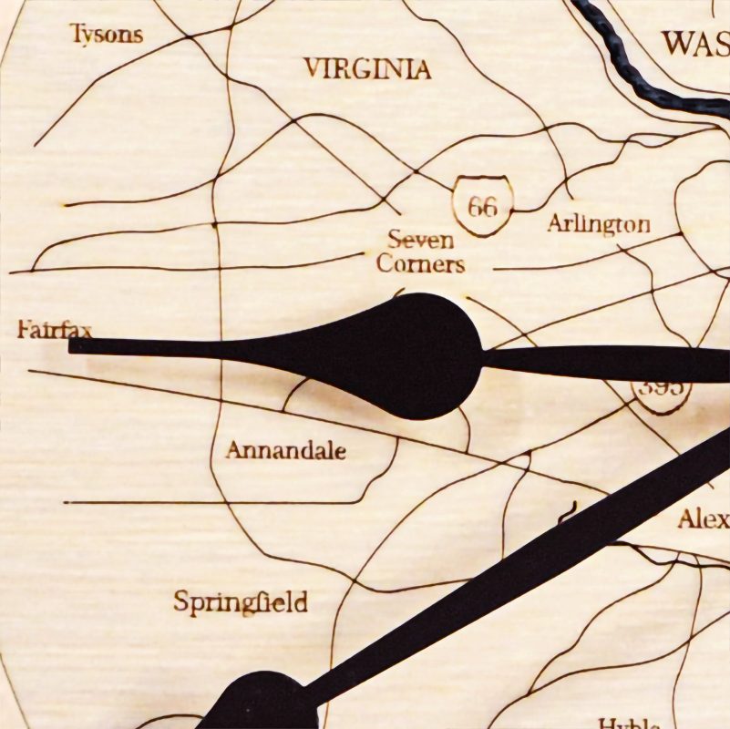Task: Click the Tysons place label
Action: click(107, 35)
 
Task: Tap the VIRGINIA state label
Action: click(366, 69)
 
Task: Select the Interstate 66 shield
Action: click(482, 207)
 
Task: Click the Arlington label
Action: click(599, 224)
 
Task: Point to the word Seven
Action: click(420, 241)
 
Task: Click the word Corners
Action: click(420, 264)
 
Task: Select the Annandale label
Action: click(286, 450)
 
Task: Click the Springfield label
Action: click(240, 602)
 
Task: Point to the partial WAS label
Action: click(695, 43)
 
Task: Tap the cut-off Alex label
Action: click(703, 519)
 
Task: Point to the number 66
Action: click(482, 207)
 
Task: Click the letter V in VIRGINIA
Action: click(313, 68)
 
